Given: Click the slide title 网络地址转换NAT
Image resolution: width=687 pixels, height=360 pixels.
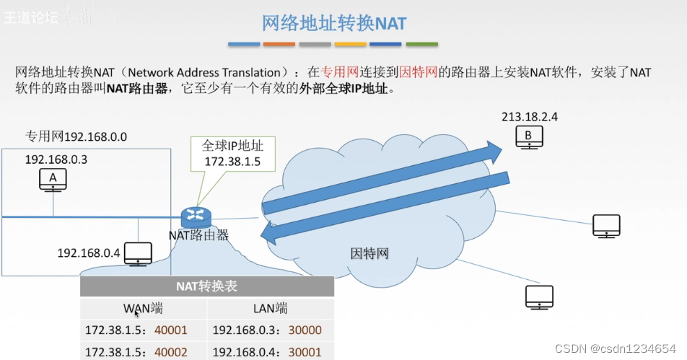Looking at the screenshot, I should point(333,22).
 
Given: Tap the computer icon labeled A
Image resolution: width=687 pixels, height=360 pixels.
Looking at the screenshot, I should point(53,179).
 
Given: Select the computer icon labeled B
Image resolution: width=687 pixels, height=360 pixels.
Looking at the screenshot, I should point(529,136).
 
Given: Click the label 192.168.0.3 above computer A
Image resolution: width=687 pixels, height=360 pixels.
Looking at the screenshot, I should point(56,159).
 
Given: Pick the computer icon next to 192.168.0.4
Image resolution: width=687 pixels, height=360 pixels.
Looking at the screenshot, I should point(138,253).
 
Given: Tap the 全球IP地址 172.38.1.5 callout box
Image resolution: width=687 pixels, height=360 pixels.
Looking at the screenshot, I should point(232,154).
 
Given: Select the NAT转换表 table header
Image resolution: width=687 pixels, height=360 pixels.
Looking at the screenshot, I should point(206,286).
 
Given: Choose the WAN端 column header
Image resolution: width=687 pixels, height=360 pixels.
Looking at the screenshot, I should point(143,309).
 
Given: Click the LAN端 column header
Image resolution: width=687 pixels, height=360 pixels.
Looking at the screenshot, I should point(270,309).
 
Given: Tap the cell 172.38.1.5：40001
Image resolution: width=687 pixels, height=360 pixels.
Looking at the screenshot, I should point(136,330).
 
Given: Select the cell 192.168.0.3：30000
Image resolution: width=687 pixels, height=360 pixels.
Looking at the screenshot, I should point(267,330).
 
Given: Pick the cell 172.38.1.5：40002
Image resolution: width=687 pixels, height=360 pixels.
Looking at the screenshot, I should point(136,351).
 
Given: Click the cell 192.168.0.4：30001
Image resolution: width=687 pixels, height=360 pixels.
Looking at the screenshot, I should point(267,351).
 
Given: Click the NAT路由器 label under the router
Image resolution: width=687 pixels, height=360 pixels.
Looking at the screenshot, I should point(198,234).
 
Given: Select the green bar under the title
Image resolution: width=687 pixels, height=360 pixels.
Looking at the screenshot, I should point(422,44).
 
